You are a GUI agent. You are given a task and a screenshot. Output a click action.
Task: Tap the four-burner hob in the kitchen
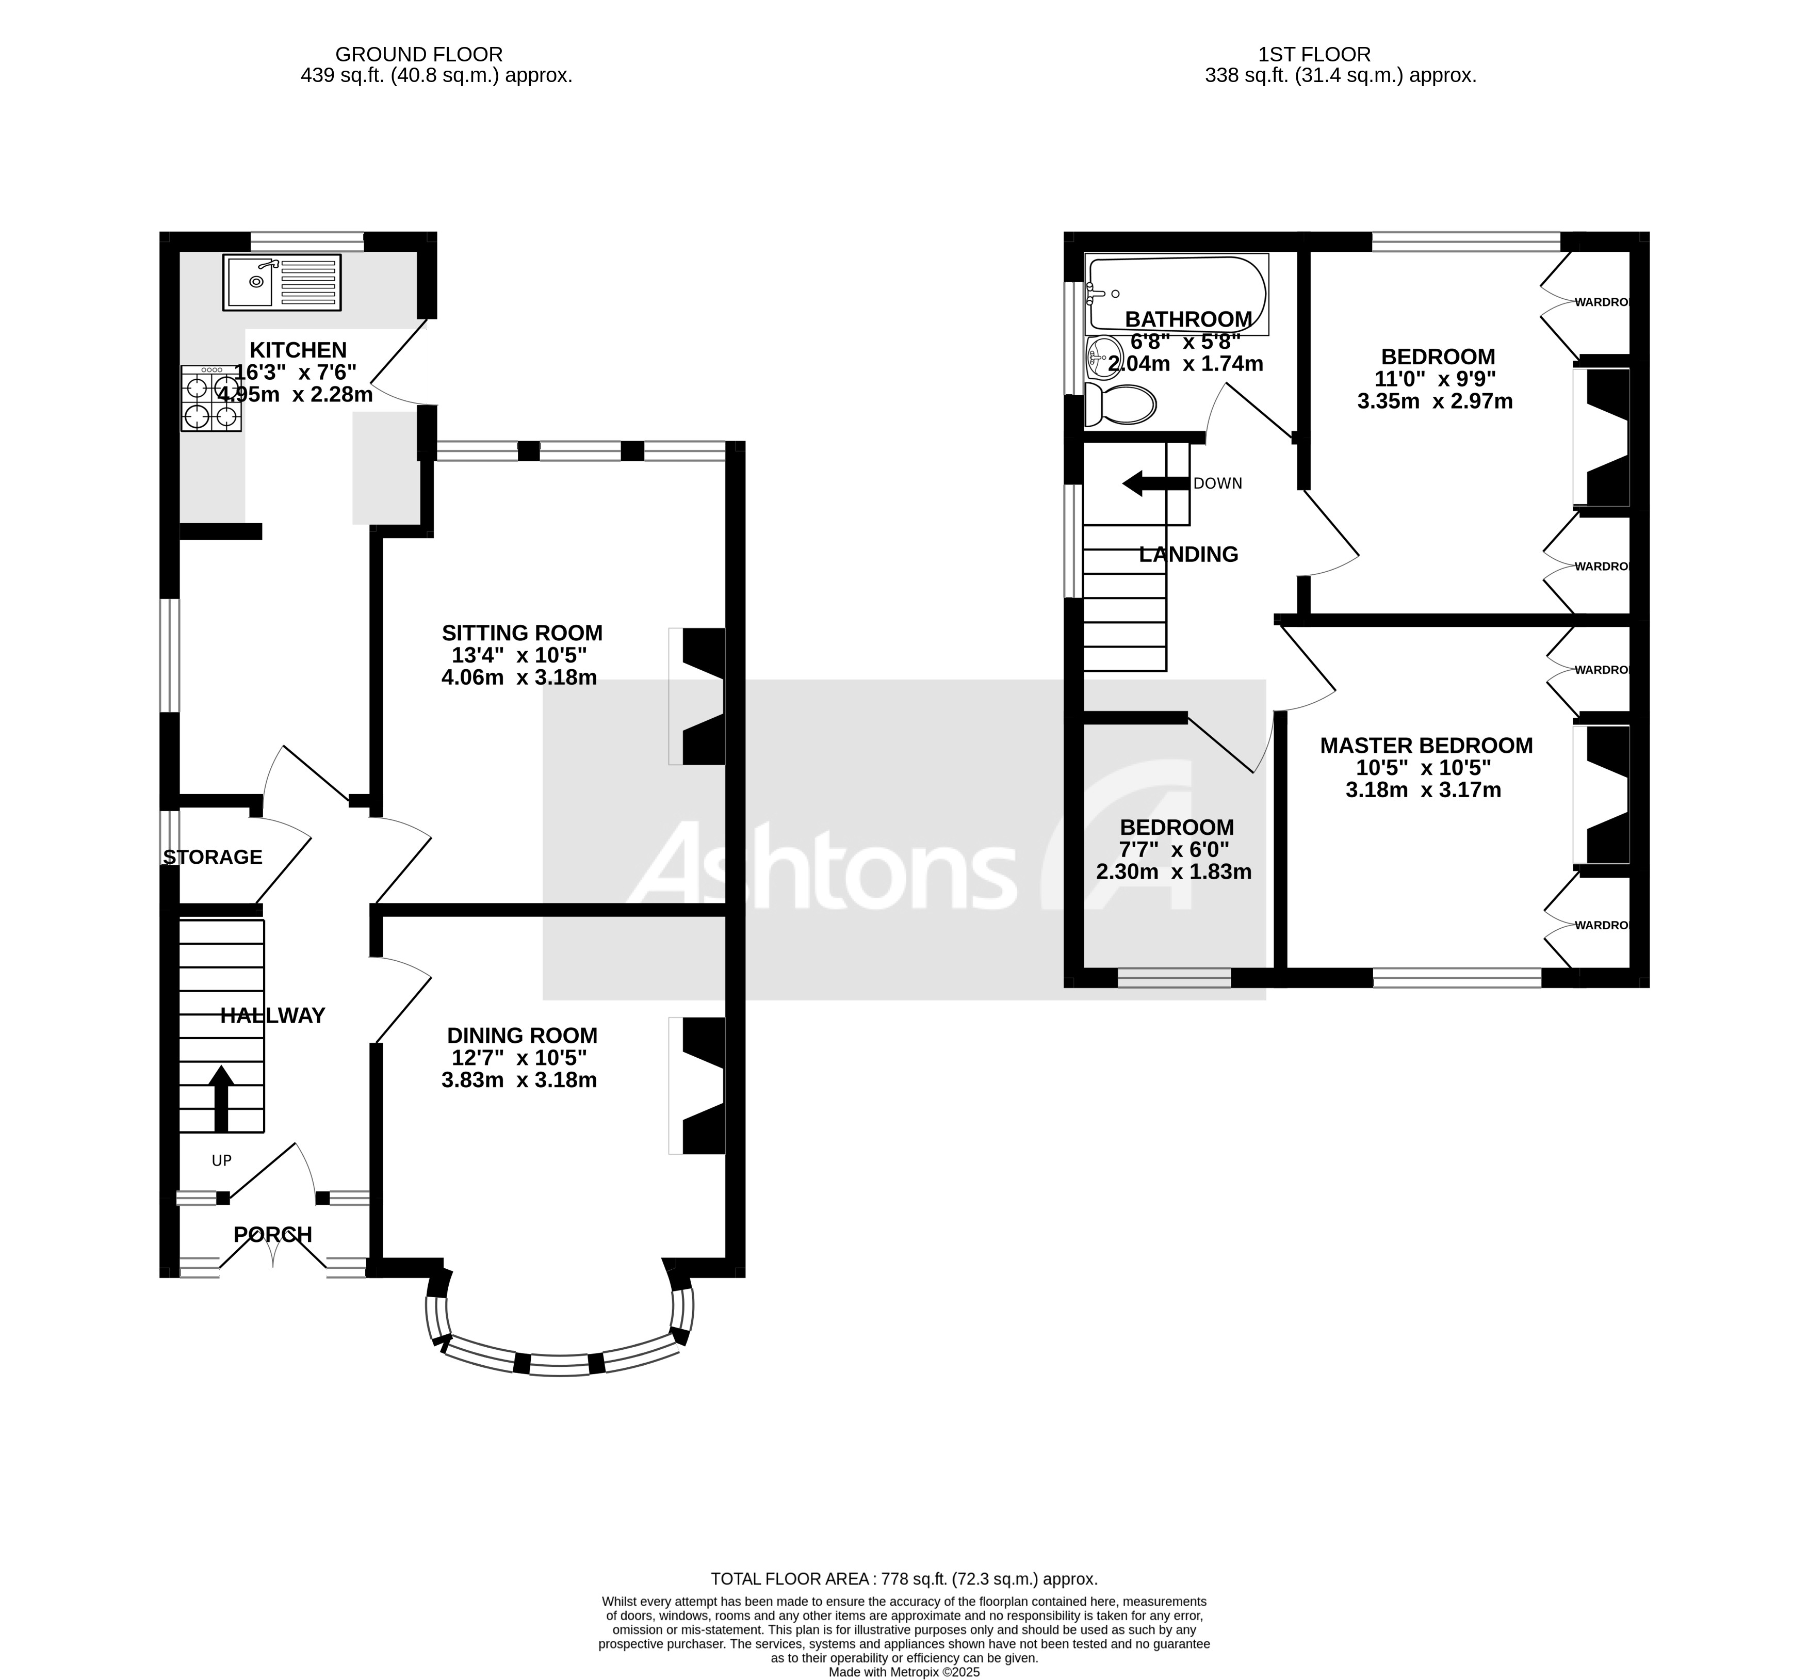[x=211, y=398]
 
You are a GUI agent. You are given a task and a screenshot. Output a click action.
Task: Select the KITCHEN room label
[x=298, y=350]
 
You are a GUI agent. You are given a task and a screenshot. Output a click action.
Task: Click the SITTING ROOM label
[x=522, y=633]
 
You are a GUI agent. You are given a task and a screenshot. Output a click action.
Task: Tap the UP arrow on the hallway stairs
[x=221, y=1097]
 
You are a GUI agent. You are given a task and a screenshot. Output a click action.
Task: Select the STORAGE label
[x=213, y=857]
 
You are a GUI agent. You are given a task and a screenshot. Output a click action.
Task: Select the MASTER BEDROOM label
[x=1425, y=746]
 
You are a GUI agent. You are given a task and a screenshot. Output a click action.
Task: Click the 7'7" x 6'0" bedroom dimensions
[x=1176, y=850]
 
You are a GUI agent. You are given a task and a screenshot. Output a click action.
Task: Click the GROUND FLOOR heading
[x=418, y=55]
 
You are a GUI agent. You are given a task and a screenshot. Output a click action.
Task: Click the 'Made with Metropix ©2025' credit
[x=904, y=1672]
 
